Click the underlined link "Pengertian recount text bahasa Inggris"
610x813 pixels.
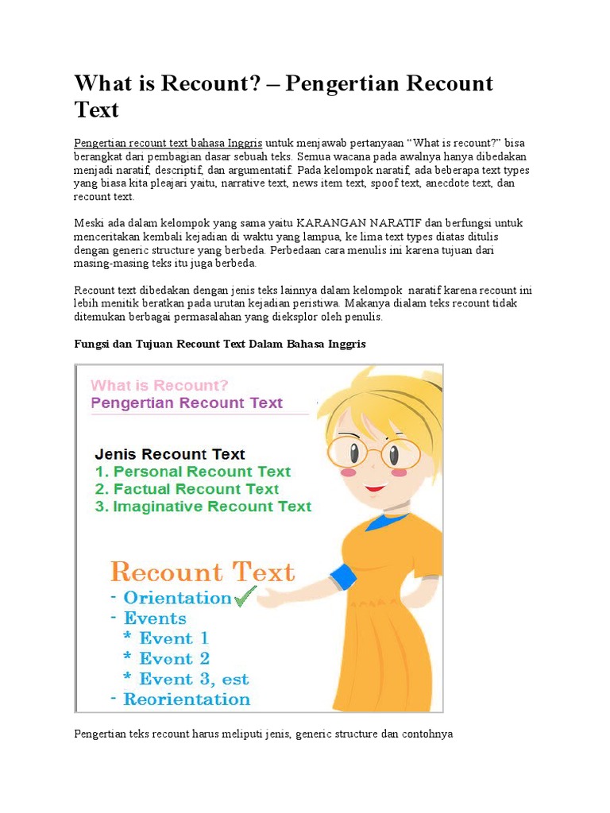pyautogui.click(x=168, y=144)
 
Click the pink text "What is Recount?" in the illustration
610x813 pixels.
pyautogui.click(x=160, y=386)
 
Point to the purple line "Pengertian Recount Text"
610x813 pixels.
pyautogui.click(x=187, y=403)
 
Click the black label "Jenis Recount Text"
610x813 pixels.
pyautogui.click(x=170, y=454)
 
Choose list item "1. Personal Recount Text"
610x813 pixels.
pyautogui.click(x=193, y=472)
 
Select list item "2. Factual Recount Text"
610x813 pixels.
pyautogui.click(x=187, y=489)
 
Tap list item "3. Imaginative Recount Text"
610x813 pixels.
pyautogui.click(x=203, y=507)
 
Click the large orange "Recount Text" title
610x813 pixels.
pyautogui.click(x=203, y=572)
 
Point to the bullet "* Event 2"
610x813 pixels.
pyautogui.click(x=167, y=659)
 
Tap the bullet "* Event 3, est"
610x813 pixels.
pyautogui.click(x=186, y=680)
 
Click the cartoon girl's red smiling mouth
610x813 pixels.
pyautogui.click(x=375, y=487)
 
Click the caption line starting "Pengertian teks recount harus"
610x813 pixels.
pyautogui.click(x=263, y=734)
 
